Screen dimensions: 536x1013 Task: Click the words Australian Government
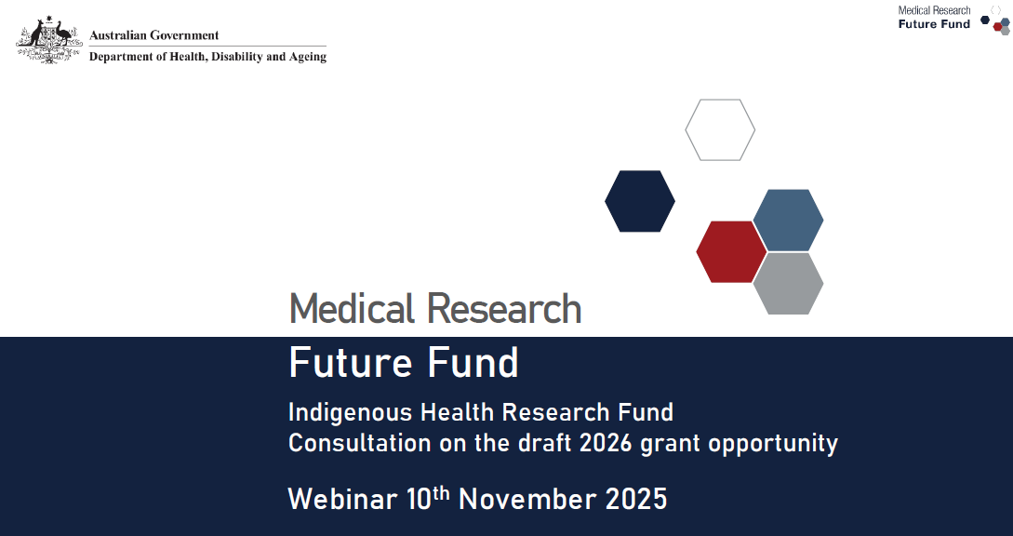(154, 35)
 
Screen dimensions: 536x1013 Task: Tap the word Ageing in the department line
(308, 58)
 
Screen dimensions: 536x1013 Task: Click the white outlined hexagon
(720, 130)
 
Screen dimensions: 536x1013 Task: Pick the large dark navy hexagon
(640, 201)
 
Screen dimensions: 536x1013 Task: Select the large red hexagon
(731, 252)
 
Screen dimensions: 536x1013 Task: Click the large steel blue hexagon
(788, 221)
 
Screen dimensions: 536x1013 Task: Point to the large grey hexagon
(788, 283)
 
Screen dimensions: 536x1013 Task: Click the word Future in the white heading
(342, 363)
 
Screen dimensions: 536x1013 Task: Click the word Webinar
(343, 499)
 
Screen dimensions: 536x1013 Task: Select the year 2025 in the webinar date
(636, 499)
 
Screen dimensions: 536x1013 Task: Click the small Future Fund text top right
(934, 24)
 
